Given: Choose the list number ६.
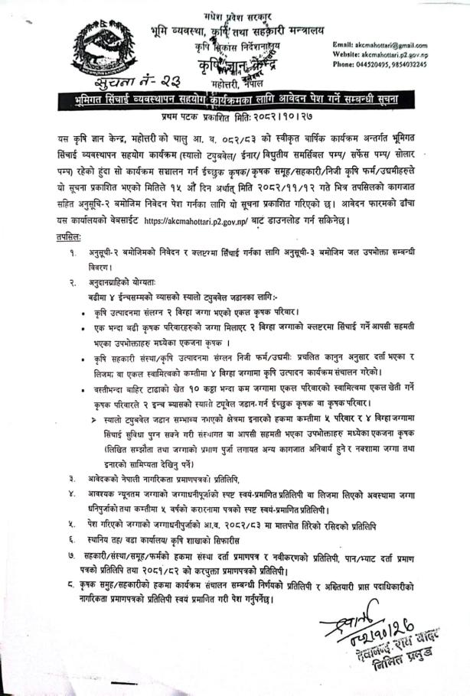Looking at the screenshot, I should click(x=73, y=539).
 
